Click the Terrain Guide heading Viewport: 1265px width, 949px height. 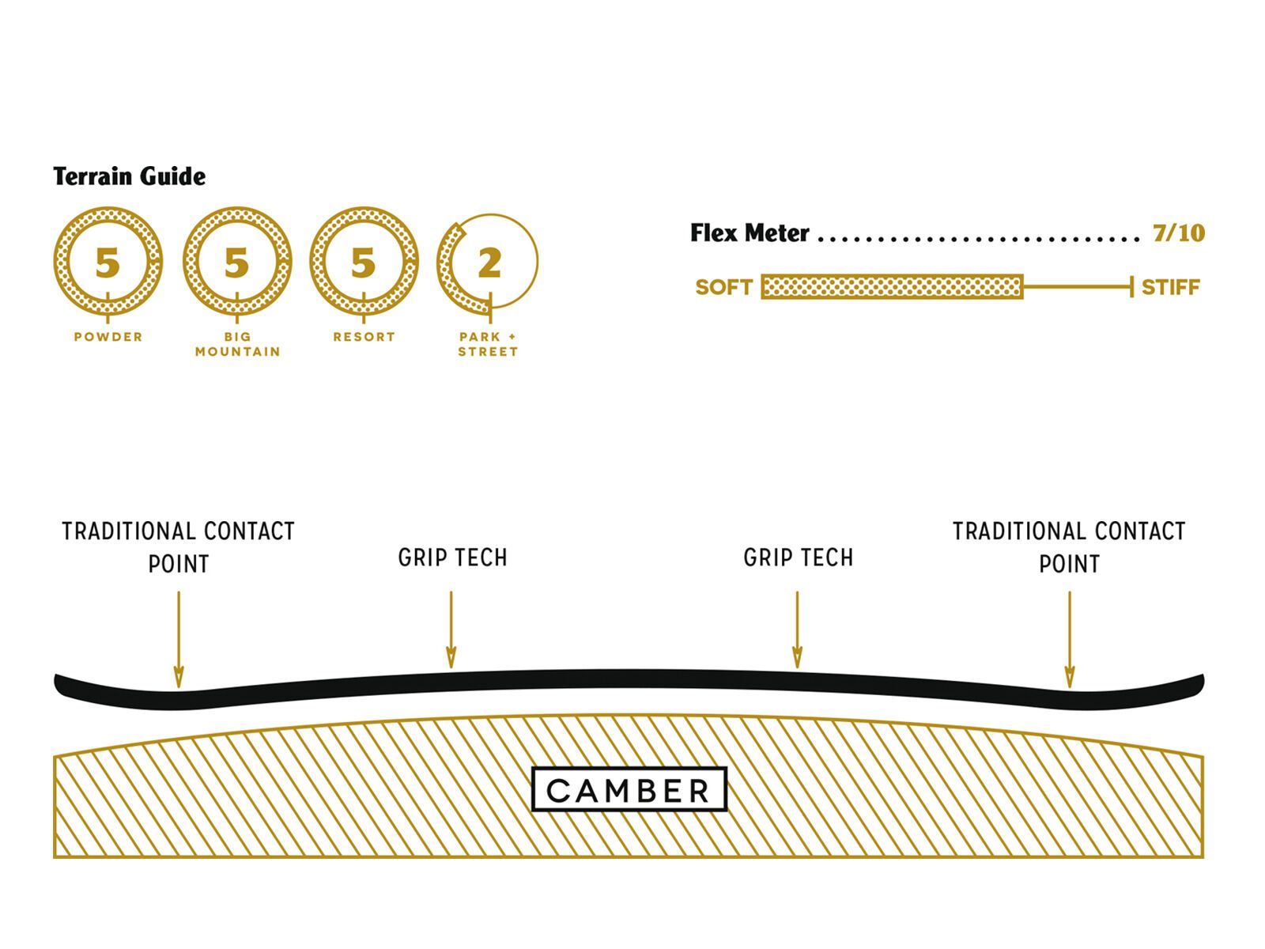[x=130, y=176]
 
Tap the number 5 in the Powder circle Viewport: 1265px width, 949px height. [x=108, y=263]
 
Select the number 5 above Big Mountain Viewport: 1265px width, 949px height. [x=236, y=263]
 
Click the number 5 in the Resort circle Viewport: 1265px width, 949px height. [x=363, y=263]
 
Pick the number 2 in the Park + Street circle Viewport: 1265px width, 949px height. [x=489, y=263]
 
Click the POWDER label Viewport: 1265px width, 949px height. [x=108, y=337]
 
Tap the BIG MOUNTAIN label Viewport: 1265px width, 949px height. [x=237, y=344]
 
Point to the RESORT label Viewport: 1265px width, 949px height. [x=364, y=337]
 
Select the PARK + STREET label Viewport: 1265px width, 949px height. [x=488, y=344]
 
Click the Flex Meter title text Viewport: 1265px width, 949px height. [x=750, y=233]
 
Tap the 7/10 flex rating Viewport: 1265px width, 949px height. [x=1178, y=233]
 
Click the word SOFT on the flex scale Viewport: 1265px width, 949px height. [x=723, y=287]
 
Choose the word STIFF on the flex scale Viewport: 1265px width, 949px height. [x=1171, y=287]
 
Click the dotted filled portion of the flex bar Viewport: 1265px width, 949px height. [x=892, y=287]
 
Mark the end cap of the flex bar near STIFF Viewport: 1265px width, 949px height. [x=1132, y=287]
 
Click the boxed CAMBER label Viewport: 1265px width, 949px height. [x=629, y=789]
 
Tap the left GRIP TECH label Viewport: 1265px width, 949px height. [x=452, y=558]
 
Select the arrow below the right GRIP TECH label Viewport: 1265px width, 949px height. [x=797, y=630]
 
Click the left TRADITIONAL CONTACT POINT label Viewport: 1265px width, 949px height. [x=179, y=547]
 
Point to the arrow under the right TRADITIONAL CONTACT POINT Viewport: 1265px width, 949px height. [x=1069, y=639]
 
